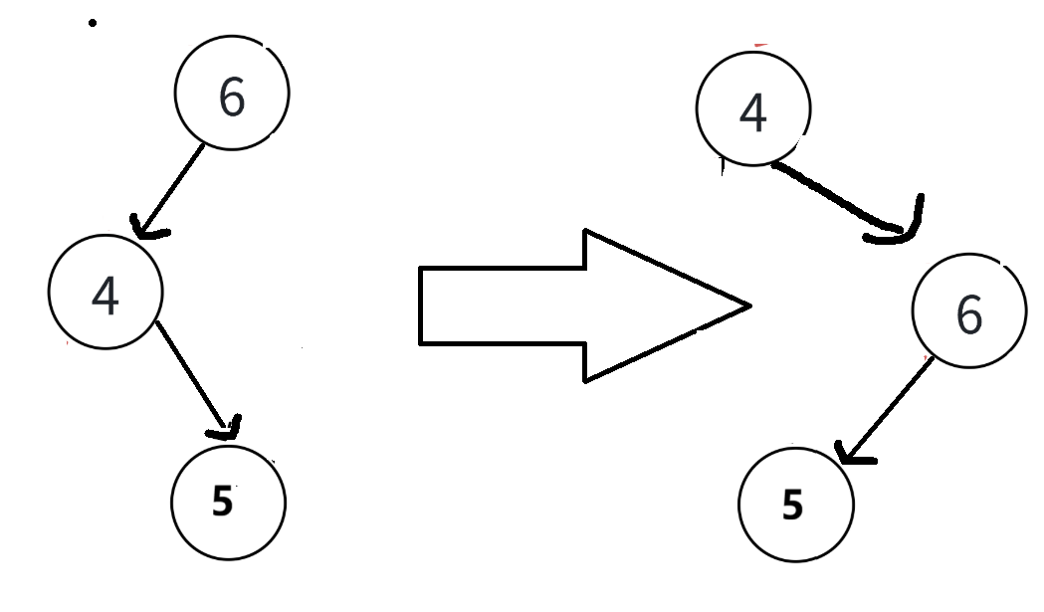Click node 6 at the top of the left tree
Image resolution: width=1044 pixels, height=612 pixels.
pos(232,93)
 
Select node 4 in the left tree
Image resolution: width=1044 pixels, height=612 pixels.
pos(105,292)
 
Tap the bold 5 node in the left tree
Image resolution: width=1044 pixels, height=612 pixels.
pos(228,501)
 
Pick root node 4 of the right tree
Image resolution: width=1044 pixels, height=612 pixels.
pos(753,108)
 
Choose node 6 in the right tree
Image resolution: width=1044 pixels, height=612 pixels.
pos(968,312)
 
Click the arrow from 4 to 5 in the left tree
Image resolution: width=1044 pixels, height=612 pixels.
pos(194,373)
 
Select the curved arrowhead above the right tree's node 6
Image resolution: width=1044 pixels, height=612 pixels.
pos(901,229)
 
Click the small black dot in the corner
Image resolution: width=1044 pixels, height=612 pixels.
pos(93,23)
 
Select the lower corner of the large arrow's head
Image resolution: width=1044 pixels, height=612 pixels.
pos(584,379)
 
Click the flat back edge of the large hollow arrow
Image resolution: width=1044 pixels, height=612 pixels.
pos(422,306)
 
